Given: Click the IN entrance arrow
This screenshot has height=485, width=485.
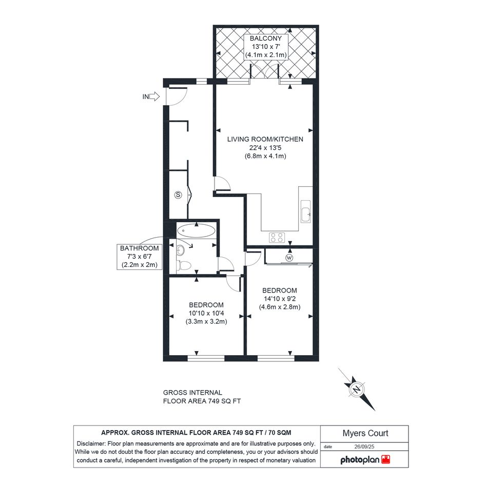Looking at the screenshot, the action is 154,97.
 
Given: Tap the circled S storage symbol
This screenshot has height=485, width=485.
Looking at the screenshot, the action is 178,195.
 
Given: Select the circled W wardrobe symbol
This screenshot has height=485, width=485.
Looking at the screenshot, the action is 289,258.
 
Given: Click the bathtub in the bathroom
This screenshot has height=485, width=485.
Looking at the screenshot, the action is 196,231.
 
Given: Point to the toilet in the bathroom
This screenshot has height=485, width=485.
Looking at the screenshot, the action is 184,265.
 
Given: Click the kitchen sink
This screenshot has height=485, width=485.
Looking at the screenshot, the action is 305,211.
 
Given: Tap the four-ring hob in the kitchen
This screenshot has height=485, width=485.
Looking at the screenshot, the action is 277,238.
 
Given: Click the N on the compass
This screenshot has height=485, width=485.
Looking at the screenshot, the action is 357,389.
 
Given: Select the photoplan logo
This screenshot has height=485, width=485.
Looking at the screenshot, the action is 365,460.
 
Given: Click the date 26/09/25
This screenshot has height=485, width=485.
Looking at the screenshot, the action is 364,447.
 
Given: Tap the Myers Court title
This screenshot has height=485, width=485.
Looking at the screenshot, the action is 365,433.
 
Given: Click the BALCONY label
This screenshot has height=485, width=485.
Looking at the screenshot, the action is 266,38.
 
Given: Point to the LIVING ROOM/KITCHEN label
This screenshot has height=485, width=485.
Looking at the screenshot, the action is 265,139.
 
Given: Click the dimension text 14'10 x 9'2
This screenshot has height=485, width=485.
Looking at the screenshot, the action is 280,299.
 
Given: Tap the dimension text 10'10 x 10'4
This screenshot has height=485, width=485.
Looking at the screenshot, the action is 206,314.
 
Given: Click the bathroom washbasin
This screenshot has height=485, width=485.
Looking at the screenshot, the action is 180,250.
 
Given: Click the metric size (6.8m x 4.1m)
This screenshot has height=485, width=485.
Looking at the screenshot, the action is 265,156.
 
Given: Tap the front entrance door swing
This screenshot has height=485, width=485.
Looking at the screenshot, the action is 177,96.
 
